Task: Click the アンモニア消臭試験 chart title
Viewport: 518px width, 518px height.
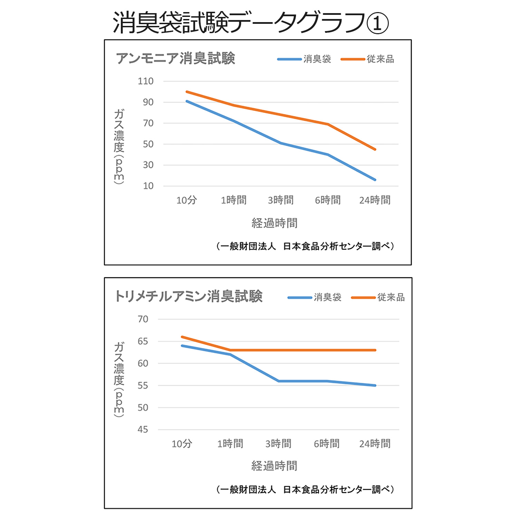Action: point(175,58)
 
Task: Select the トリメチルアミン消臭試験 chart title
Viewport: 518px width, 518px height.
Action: point(189,296)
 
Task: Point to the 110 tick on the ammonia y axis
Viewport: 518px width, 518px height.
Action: point(145,81)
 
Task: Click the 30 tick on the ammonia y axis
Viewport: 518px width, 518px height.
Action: point(148,165)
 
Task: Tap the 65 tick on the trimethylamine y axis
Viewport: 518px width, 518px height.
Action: point(143,341)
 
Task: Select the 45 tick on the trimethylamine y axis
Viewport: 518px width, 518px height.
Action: point(143,430)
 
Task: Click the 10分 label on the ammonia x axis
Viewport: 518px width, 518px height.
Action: point(186,200)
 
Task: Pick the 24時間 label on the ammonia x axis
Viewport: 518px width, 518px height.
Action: point(375,200)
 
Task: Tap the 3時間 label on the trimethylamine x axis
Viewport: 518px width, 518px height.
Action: point(278,443)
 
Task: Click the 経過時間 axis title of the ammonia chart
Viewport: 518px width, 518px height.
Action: point(275,223)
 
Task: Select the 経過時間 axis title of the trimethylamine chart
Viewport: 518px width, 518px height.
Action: point(274,466)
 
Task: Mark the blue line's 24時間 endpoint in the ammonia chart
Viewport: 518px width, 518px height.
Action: point(375,180)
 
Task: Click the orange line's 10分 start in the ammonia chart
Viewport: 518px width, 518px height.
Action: point(186,92)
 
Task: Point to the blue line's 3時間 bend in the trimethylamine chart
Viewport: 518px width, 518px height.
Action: point(278,381)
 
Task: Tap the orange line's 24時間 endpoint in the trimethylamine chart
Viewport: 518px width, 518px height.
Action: point(375,350)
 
